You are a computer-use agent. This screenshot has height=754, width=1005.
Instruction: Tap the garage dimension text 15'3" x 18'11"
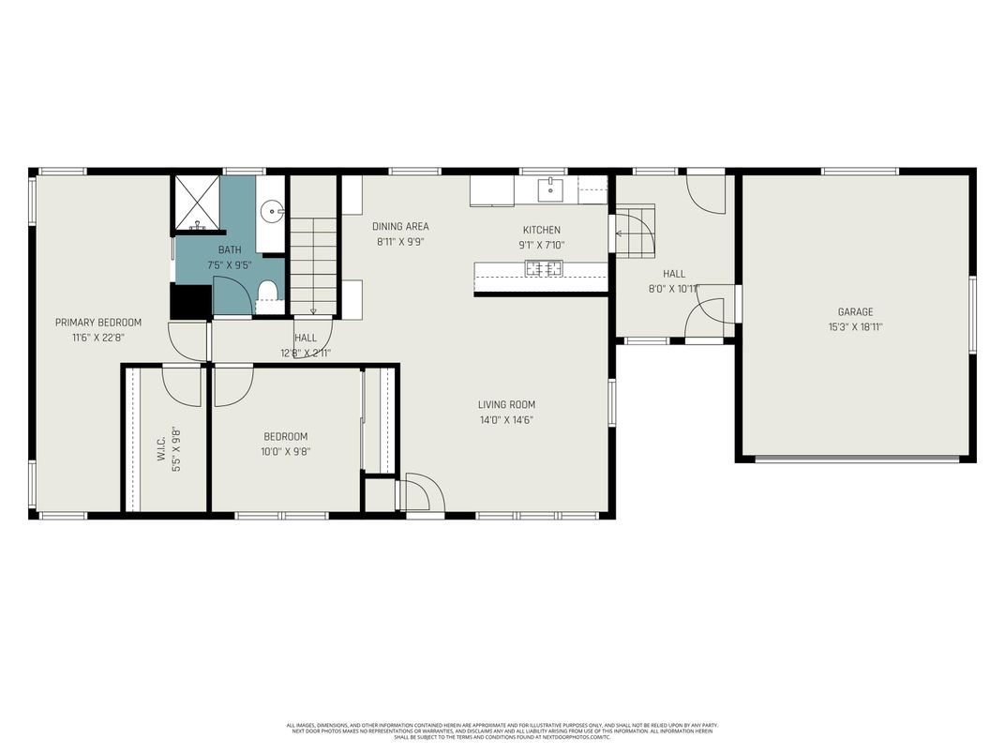click(x=855, y=327)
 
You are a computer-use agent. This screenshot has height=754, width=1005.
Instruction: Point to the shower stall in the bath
click(x=198, y=202)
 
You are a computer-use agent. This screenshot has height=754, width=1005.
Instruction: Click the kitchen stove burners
click(x=544, y=269)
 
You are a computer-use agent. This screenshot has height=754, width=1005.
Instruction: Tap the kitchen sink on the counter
click(x=549, y=190)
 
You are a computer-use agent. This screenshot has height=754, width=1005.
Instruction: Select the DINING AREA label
click(x=400, y=227)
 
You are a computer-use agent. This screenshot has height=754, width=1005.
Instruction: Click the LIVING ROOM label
click(x=506, y=405)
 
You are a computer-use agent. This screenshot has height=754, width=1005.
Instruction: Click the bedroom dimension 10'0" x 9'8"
click(x=286, y=451)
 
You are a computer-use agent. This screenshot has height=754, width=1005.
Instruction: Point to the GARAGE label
click(x=855, y=312)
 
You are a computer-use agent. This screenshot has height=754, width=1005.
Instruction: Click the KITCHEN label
click(x=541, y=231)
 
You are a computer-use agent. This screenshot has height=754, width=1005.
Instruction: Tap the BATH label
click(x=230, y=250)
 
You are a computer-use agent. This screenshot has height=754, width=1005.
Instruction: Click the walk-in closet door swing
click(x=182, y=385)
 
